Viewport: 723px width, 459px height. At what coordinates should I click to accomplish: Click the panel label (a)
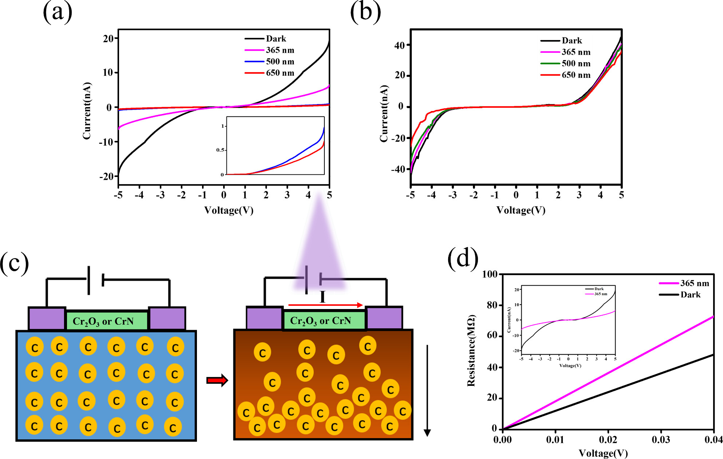[58, 12]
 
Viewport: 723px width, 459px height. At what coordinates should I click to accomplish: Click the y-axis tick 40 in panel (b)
[399, 45]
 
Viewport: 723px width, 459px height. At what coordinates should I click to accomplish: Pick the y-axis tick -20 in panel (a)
[106, 177]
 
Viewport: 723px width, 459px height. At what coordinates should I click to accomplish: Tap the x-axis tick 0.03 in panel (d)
[661, 440]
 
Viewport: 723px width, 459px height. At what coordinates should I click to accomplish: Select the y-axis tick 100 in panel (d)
[490, 274]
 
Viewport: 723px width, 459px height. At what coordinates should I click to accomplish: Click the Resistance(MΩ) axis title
[471, 350]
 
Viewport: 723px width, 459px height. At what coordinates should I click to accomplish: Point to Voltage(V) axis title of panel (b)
[521, 210]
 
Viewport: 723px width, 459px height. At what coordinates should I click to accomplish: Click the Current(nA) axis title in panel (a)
[87, 111]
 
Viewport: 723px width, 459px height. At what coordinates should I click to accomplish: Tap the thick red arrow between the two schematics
[217, 380]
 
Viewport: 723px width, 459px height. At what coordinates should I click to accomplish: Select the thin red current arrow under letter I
[325, 305]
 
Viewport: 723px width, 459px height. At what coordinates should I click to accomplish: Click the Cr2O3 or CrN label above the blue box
[103, 321]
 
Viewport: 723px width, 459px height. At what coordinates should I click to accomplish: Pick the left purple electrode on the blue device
[47, 318]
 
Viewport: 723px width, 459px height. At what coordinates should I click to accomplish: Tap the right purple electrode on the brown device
[384, 318]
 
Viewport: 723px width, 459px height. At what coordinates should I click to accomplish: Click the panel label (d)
[462, 258]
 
